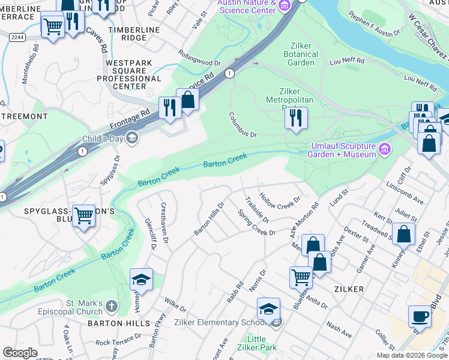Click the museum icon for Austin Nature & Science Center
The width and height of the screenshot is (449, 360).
285,6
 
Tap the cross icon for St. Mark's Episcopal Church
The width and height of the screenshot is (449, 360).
110,307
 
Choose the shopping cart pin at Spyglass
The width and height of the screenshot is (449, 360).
83,215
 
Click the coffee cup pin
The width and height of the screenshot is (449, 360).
420,316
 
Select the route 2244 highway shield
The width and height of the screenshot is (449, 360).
17,37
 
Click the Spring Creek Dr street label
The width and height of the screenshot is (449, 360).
256,223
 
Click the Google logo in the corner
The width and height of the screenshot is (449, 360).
20,352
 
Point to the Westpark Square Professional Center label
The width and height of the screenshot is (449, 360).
133,74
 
